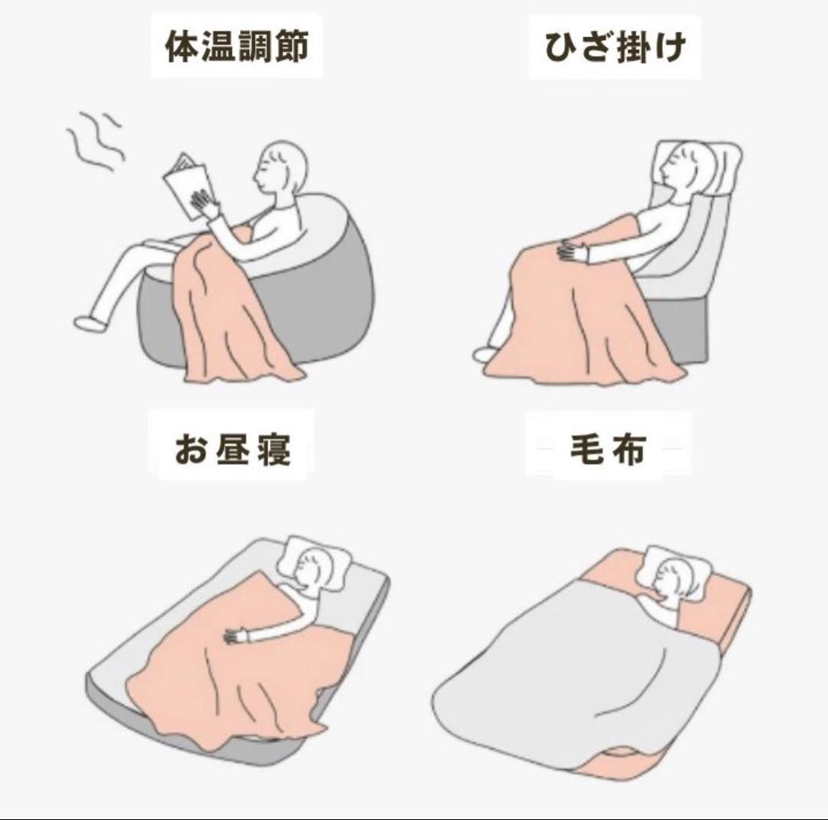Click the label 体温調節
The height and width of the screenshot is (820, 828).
[237, 47]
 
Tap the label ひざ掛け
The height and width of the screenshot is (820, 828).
[615, 47]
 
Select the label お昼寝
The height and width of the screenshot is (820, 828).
[232, 449]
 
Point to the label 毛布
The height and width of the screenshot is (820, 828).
[608, 450]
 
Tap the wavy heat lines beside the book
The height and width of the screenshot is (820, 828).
[95, 140]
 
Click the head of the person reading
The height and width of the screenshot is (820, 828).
[280, 166]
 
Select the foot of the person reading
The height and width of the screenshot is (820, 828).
[88, 322]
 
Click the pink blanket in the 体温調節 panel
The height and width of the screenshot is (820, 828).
[232, 307]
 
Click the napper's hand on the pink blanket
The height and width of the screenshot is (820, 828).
[237, 636]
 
